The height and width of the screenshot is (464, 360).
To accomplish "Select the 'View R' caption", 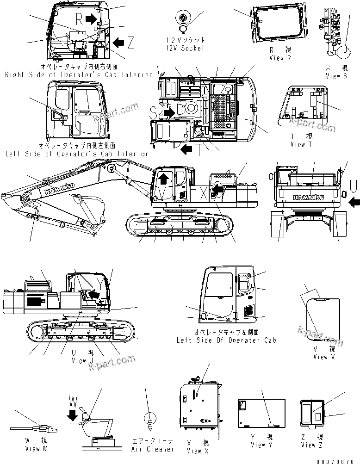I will point(280,58).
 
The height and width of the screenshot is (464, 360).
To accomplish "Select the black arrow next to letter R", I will point(93,18).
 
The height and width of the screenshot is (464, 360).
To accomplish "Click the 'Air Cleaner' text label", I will point(152,449).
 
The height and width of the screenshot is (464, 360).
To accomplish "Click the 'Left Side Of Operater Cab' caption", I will point(226,340).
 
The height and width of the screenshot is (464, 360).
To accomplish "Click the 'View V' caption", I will point(327,357).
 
